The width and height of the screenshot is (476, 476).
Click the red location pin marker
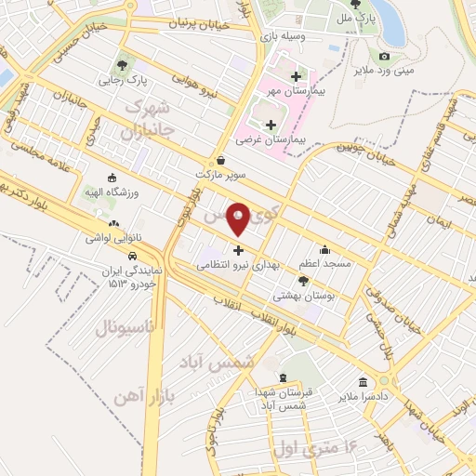(239, 219)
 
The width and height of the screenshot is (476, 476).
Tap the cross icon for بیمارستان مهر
(296, 76)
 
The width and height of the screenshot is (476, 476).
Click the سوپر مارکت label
(219, 174)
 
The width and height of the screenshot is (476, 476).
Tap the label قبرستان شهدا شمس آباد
(279, 399)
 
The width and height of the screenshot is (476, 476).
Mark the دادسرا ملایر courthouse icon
(363, 381)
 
